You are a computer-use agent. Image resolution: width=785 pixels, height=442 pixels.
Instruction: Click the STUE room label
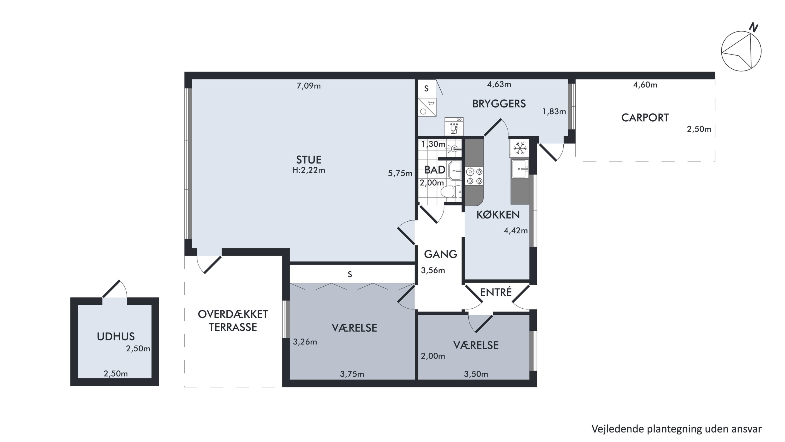pos(309,160)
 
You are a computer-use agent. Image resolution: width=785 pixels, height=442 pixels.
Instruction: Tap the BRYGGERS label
pos(499,104)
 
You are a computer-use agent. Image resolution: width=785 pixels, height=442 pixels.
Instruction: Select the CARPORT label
pos(645,118)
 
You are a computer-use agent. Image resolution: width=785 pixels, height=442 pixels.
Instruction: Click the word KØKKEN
pos(498,215)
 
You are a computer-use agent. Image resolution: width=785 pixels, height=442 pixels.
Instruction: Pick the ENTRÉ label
pos(496,292)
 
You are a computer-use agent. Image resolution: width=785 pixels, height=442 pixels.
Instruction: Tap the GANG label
pos(440,254)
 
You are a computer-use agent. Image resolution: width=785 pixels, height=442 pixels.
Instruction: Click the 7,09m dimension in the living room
pos(309,86)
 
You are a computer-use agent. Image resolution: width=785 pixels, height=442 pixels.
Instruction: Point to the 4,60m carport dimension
pos(645,85)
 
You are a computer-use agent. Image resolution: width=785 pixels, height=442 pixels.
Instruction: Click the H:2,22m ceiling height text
pos(309,170)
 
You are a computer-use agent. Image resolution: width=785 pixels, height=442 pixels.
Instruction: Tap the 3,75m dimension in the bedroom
pos(352,374)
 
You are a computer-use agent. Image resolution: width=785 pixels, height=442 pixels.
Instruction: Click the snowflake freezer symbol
pos(520,148)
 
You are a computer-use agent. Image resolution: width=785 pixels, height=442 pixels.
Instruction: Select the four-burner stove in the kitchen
pos(474,177)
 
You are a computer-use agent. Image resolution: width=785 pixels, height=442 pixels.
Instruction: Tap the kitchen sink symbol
pos(520,169)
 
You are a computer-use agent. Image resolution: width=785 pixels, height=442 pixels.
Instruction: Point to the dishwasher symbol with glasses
pos(454,126)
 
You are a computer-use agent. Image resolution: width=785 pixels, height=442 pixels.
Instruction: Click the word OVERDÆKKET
pos(233,314)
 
